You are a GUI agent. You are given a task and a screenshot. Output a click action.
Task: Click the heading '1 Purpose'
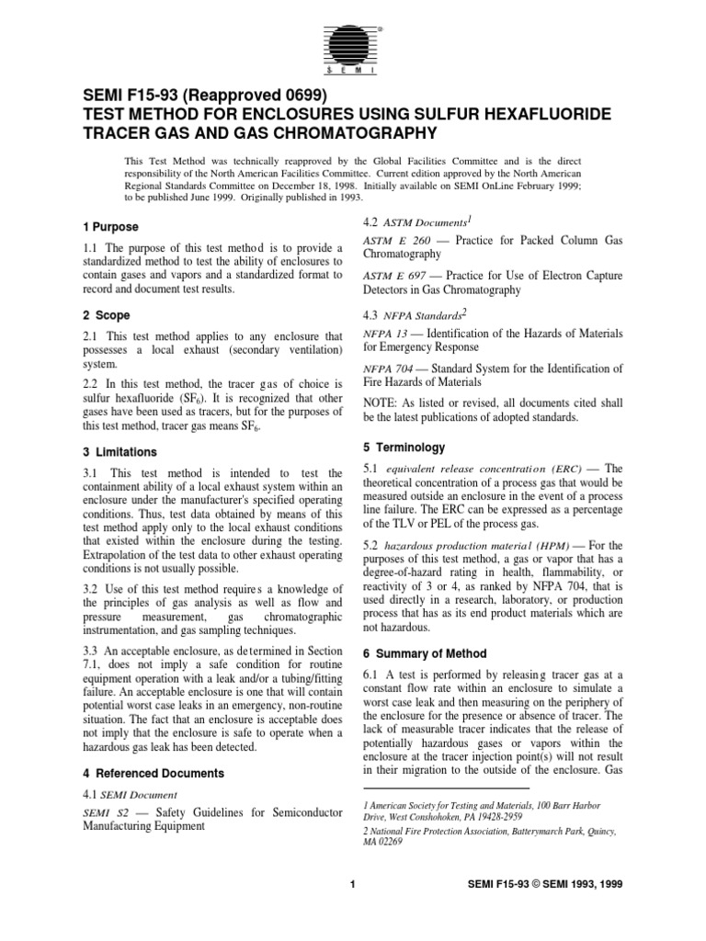107,226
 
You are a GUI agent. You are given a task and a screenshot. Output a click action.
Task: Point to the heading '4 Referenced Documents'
147,774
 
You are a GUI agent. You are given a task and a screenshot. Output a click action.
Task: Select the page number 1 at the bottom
353,910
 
